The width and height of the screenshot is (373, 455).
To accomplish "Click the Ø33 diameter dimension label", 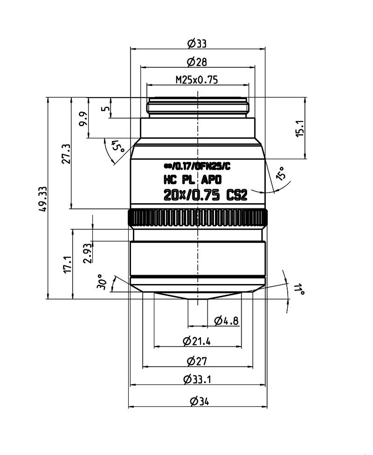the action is pyautogui.click(x=197, y=44).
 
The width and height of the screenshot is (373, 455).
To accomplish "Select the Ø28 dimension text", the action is pyautogui.click(x=197, y=62).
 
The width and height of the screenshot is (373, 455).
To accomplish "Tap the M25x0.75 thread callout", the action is pyautogui.click(x=197, y=80).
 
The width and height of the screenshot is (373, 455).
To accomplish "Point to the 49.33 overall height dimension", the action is pyautogui.click(x=42, y=199).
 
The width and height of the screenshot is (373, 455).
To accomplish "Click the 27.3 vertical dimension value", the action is pyautogui.click(x=66, y=154).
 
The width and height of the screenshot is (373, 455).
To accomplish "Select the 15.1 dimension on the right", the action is pyautogui.click(x=300, y=128).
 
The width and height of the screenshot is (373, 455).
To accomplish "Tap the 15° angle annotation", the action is pyautogui.click(x=282, y=173).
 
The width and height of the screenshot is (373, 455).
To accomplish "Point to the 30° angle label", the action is pyautogui.click(x=102, y=281).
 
